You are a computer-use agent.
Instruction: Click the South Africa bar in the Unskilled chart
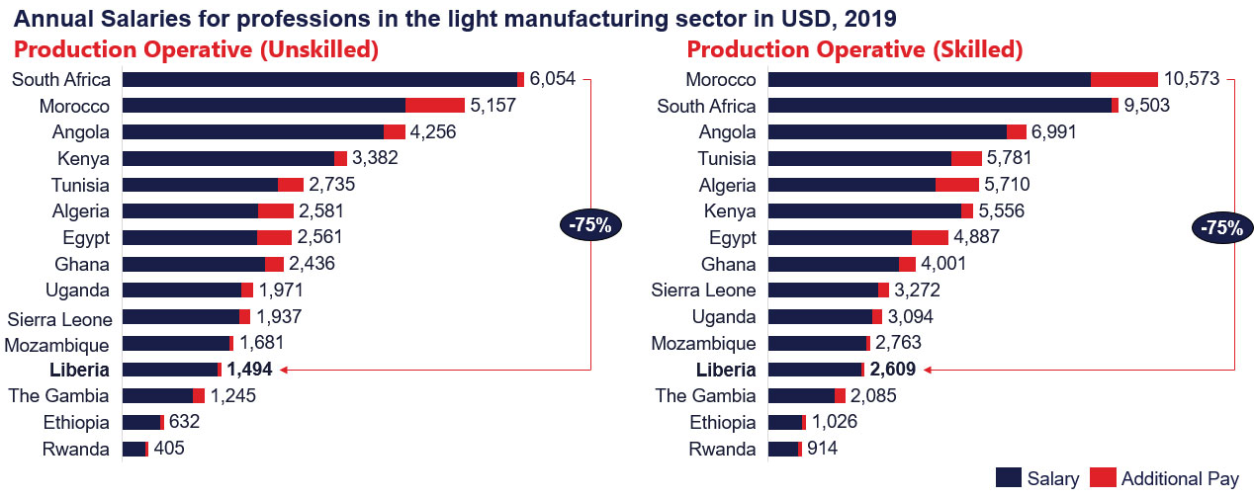322,79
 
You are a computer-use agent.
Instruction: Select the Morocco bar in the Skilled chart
962,79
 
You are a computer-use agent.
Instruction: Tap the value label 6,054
552,79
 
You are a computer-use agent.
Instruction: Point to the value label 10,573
1192,79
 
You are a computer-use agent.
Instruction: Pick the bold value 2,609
892,370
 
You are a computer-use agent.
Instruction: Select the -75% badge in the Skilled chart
1221,227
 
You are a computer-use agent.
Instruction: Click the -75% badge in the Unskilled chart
590,225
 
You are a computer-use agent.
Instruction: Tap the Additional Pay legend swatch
1103,478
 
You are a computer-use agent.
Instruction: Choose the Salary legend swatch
1009,478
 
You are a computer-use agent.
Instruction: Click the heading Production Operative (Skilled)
854,49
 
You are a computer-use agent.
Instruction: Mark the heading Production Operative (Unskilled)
195,49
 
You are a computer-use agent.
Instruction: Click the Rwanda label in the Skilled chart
722,449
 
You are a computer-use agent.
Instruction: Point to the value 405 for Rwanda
169,449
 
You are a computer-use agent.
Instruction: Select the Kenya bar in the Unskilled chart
234,158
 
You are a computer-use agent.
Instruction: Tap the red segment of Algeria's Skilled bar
956,185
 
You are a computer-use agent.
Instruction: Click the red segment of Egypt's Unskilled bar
274,237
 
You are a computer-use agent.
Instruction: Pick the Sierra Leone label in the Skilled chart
703,290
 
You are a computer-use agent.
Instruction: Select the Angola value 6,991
1053,132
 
